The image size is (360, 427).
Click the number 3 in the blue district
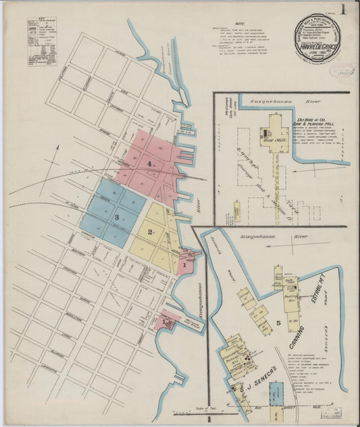click(x=116, y=217)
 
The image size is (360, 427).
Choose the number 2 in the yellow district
click(x=148, y=232)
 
